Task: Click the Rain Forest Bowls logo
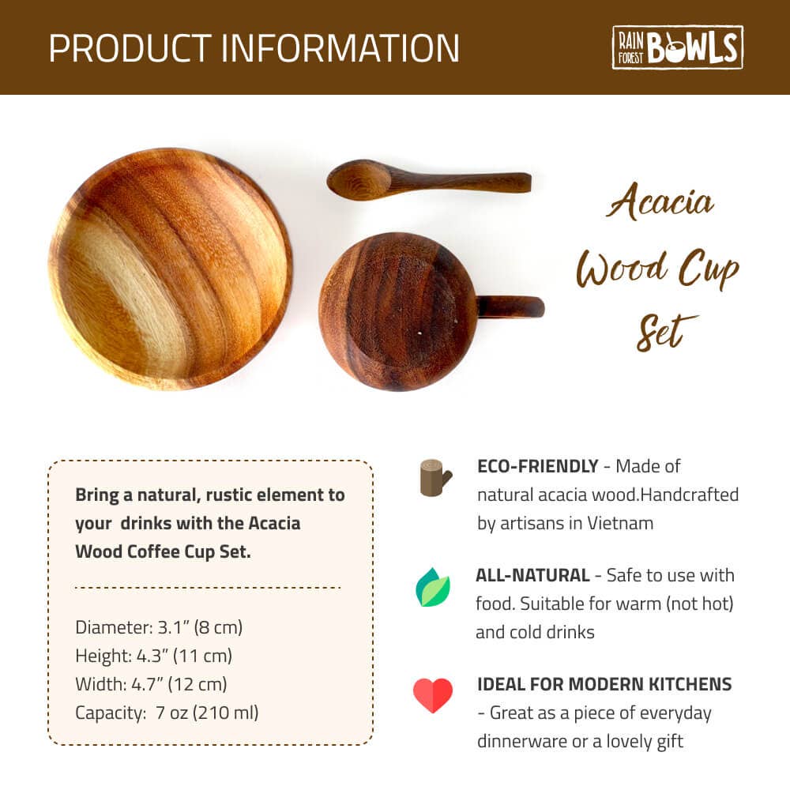[x=677, y=47]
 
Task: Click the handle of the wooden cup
[x=510, y=307]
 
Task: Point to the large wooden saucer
[x=171, y=269]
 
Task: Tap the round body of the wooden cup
[x=397, y=311]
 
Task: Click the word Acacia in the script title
[x=660, y=203]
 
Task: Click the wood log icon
[x=434, y=478]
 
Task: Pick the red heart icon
[x=433, y=695]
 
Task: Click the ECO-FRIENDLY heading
[x=537, y=466]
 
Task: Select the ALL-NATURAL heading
[x=532, y=575]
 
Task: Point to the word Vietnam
[x=619, y=523]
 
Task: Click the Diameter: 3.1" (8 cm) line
[x=159, y=627]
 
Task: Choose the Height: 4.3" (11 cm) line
[x=153, y=656]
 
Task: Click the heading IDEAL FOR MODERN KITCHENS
[x=604, y=684]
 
